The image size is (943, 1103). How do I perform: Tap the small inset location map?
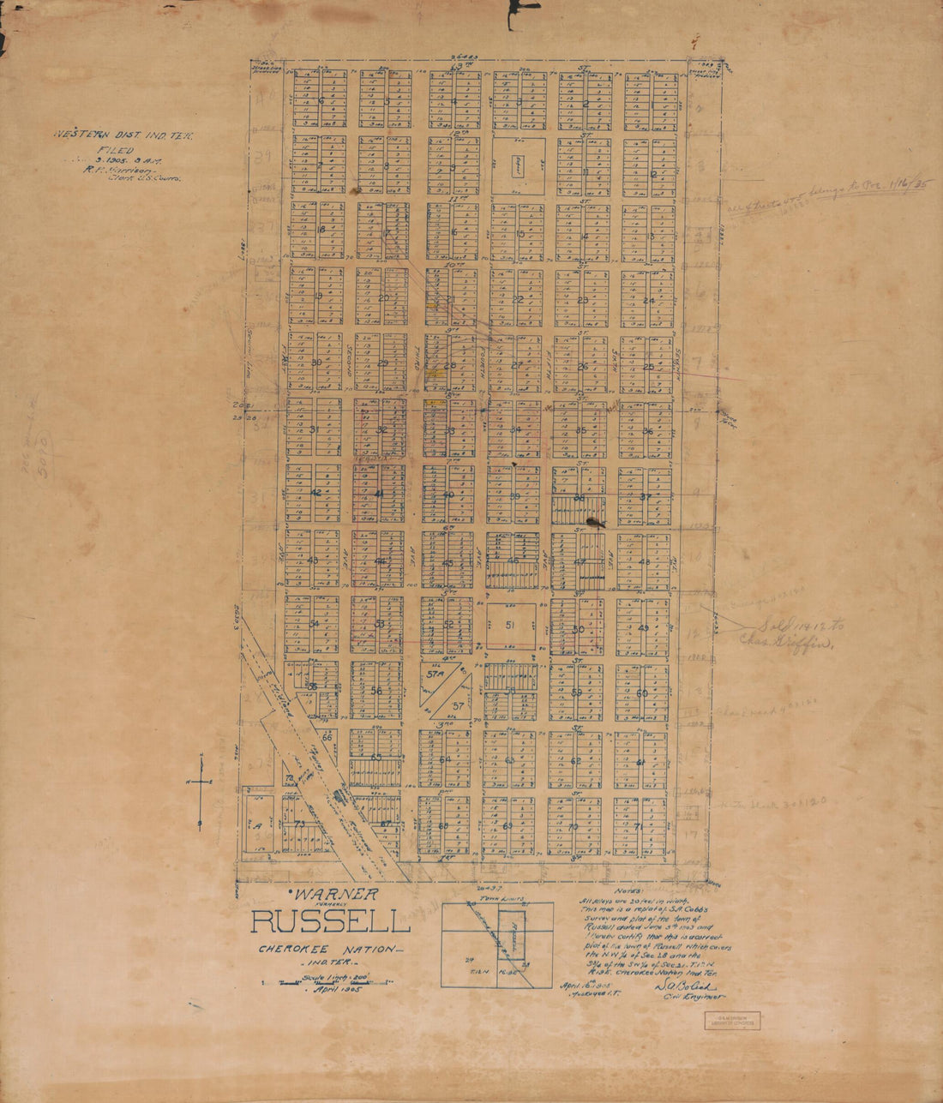497,944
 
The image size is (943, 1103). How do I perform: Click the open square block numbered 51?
512,626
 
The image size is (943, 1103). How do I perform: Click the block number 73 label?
299,824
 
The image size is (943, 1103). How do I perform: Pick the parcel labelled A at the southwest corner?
256,824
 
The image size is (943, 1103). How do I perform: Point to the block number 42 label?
315,493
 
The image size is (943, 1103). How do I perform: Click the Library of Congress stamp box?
731,1020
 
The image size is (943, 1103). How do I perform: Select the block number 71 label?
640,826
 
